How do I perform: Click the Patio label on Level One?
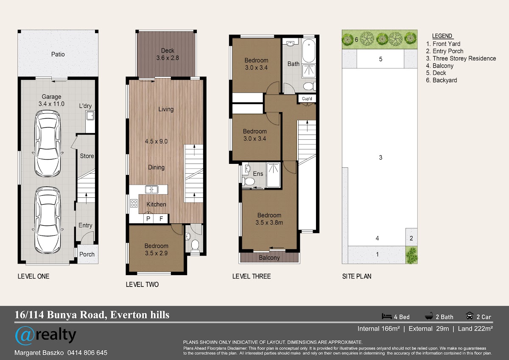[58, 54]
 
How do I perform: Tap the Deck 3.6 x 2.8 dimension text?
[168, 58]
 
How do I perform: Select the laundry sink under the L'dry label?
[90, 116]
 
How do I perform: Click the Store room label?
[87, 156]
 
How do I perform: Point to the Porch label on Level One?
[87, 254]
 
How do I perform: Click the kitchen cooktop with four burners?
[134, 203]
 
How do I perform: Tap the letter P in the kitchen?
[148, 219]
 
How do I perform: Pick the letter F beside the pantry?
[161, 219]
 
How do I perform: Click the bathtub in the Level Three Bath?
[309, 51]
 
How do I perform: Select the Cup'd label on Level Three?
[307, 98]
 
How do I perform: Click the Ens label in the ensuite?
[258, 174]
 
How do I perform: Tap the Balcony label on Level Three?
[269, 258]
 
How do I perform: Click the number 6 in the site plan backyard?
[356, 39]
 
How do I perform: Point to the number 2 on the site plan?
[411, 238]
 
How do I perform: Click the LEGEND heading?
[442, 36]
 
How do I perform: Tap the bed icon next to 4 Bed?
[387, 316]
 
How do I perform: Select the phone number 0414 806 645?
[87, 353]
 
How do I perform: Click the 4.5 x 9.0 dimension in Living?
[157, 141]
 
